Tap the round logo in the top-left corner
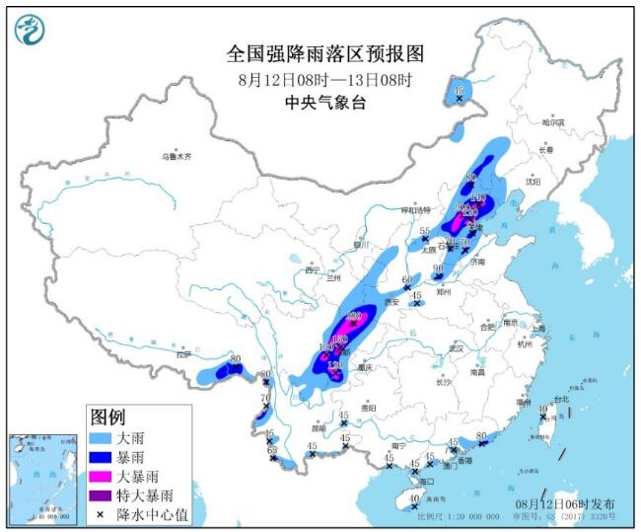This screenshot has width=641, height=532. coord(32,30)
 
